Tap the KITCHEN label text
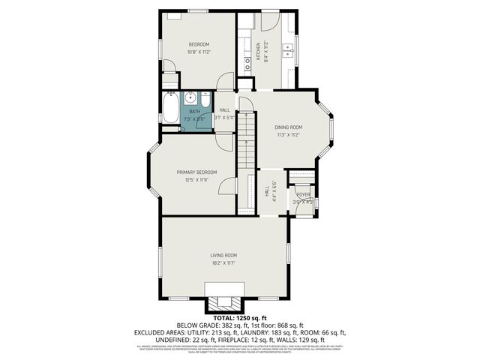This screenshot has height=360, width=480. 258,51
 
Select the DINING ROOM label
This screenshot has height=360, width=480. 289,127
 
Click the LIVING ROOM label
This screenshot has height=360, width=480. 223,255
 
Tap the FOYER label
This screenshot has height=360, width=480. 302,194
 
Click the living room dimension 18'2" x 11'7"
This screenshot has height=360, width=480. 223,263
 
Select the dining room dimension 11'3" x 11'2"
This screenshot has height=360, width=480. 289,135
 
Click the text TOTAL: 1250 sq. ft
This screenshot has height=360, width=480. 240,319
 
